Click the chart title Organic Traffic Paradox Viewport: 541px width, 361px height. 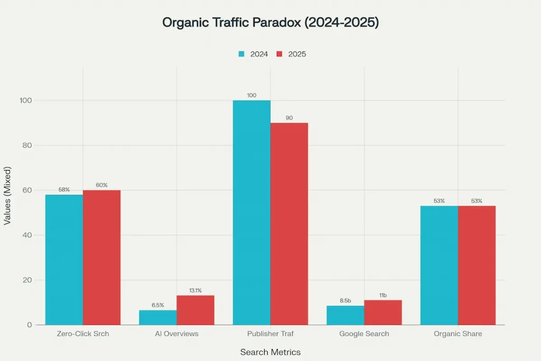[270, 23]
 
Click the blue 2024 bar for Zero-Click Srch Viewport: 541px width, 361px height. [64, 260]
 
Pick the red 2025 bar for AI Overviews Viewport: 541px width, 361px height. [195, 310]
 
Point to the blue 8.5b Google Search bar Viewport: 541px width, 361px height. [346, 316]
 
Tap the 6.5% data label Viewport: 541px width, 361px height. [158, 305]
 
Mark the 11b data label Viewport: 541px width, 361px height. [383, 295]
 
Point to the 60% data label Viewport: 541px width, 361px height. [101, 185]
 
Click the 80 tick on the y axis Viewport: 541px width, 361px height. [27, 145]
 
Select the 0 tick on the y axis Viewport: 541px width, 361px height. [30, 325]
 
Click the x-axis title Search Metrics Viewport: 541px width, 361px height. [270, 352]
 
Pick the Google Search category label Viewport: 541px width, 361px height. [364, 334]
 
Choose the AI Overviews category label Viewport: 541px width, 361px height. [176, 334]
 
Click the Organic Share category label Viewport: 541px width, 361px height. [458, 334]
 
